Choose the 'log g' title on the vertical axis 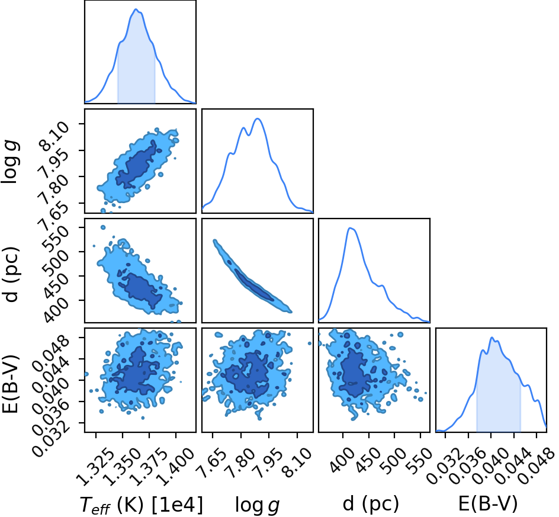tap(10, 162)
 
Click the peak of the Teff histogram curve tap(136, 9)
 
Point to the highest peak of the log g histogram tap(258, 118)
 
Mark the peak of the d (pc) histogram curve tap(350, 228)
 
